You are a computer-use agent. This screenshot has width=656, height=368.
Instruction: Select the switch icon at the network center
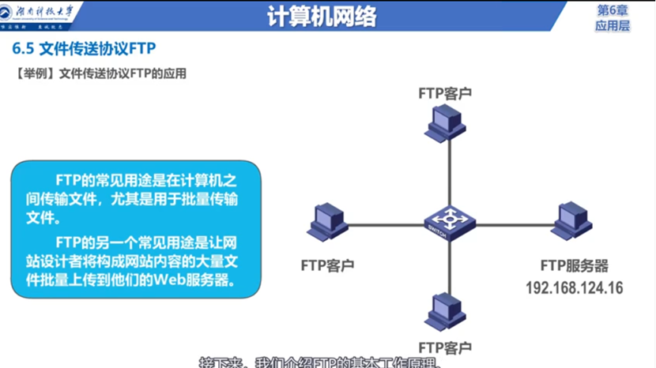click(444, 223)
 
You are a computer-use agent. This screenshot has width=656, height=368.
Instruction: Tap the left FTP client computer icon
click(327, 222)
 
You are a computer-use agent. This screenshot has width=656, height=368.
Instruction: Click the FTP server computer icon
click(571, 222)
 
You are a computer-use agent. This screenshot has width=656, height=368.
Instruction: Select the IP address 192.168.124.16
click(574, 287)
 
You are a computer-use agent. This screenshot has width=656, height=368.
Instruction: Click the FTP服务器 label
click(575, 266)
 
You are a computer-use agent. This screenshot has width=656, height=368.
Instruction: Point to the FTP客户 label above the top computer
click(445, 92)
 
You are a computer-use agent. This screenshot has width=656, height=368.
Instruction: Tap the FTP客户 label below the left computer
click(327, 264)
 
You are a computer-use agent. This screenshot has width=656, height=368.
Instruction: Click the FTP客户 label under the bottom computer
click(445, 347)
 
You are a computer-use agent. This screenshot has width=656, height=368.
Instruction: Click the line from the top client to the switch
click(444, 174)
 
